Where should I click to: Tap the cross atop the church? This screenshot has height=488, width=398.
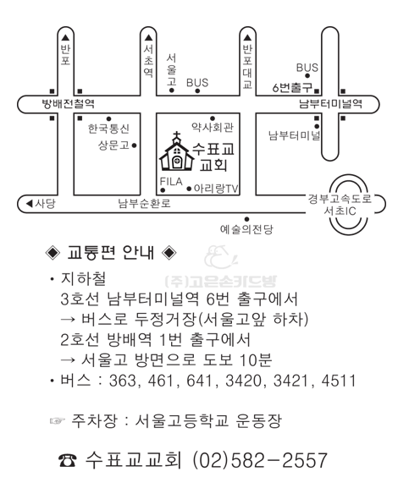coord(177,135)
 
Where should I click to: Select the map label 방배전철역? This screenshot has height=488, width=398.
coord(69,104)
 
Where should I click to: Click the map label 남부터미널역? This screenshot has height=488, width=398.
coord(331,104)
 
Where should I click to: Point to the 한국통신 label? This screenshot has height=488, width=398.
coord(108,129)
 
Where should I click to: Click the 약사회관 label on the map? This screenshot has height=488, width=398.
coord(213,127)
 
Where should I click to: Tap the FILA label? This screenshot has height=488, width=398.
coord(171,182)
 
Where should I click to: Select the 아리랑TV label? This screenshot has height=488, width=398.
coord(216,189)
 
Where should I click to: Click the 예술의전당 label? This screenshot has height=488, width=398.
coord(246,229)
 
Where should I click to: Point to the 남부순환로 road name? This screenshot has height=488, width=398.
coord(144,204)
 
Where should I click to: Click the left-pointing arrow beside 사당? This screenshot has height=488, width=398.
coord(30,204)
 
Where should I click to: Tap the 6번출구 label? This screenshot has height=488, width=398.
coord(292,87)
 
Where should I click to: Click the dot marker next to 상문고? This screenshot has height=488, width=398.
coord(135,145)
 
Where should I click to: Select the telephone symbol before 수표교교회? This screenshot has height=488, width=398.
coord(67,461)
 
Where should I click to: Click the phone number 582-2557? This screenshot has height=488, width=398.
coord(279,460)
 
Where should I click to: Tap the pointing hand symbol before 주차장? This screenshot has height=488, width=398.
coord(58,421)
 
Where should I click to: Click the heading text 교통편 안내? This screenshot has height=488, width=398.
coord(111,252)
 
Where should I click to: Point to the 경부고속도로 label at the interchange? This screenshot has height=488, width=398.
coord(340,199)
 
